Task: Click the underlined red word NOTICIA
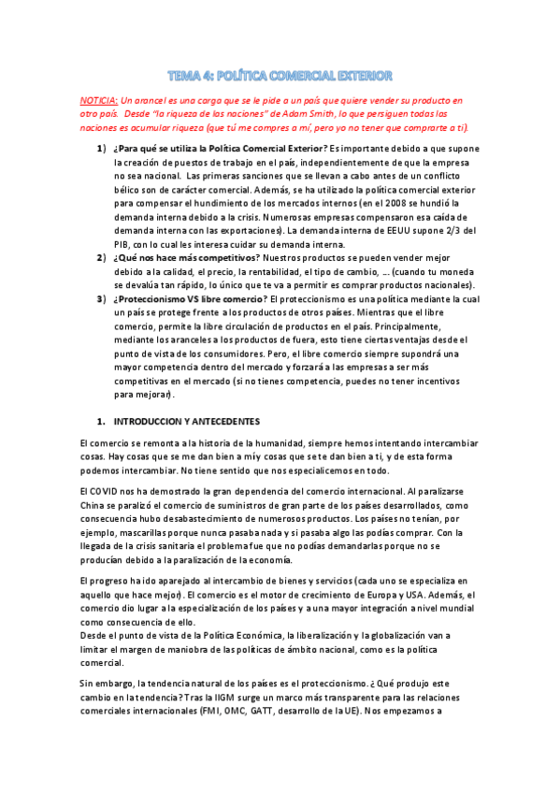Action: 98,99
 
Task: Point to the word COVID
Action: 107,490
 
